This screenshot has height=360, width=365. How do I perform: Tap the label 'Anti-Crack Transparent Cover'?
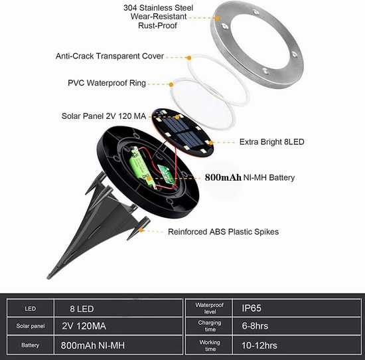(110, 56)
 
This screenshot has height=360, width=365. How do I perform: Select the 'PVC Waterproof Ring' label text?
(107, 83)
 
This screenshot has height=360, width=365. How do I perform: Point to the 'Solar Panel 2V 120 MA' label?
(104, 116)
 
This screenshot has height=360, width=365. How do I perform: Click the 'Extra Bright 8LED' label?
(271, 142)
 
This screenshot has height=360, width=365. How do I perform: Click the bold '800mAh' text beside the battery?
(223, 177)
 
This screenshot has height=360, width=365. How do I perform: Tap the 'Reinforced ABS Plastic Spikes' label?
(223, 232)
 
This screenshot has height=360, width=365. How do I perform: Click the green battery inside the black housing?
(141, 167)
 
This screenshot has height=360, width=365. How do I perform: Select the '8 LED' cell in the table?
(82, 309)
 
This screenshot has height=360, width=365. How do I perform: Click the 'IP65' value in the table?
(252, 308)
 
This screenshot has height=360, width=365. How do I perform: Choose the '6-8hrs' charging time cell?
(255, 326)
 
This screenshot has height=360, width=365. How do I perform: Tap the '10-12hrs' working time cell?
(259, 345)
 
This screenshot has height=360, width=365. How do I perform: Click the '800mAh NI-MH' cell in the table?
(93, 345)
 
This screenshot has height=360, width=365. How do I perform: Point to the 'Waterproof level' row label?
(210, 308)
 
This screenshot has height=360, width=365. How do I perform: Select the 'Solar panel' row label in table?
(31, 326)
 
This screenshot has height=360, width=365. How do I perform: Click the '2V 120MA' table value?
(84, 326)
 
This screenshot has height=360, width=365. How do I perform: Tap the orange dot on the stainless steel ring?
(217, 18)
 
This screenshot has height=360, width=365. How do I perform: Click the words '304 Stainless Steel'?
(159, 8)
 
